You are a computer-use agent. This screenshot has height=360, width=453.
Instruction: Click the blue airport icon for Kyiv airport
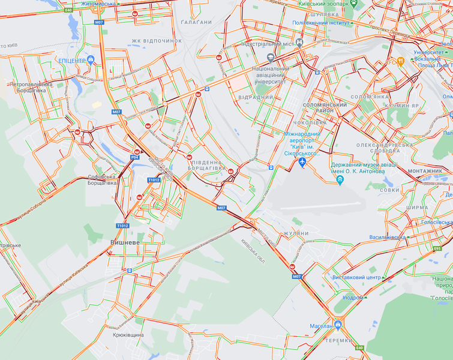(x=302, y=162)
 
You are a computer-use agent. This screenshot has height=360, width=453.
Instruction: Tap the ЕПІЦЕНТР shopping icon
(x=91, y=59)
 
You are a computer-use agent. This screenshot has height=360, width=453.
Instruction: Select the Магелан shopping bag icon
(x=338, y=325)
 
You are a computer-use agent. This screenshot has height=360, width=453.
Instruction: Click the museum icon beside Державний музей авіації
(x=340, y=179)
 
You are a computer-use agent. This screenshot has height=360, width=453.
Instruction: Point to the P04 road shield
(x=134, y=157)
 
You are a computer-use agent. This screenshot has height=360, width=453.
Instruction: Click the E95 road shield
(x=437, y=248)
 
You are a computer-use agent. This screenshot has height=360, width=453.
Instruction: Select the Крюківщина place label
(x=127, y=334)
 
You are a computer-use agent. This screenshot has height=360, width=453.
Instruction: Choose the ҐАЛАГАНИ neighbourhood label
(x=196, y=22)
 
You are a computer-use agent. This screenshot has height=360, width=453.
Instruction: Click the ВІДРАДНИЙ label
(x=256, y=97)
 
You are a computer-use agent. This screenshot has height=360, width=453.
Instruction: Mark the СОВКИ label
(x=389, y=190)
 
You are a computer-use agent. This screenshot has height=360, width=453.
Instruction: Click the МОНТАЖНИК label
(x=424, y=171)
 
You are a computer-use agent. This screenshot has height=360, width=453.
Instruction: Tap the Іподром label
(x=353, y=297)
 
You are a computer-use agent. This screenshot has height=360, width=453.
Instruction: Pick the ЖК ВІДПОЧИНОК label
(x=157, y=41)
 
